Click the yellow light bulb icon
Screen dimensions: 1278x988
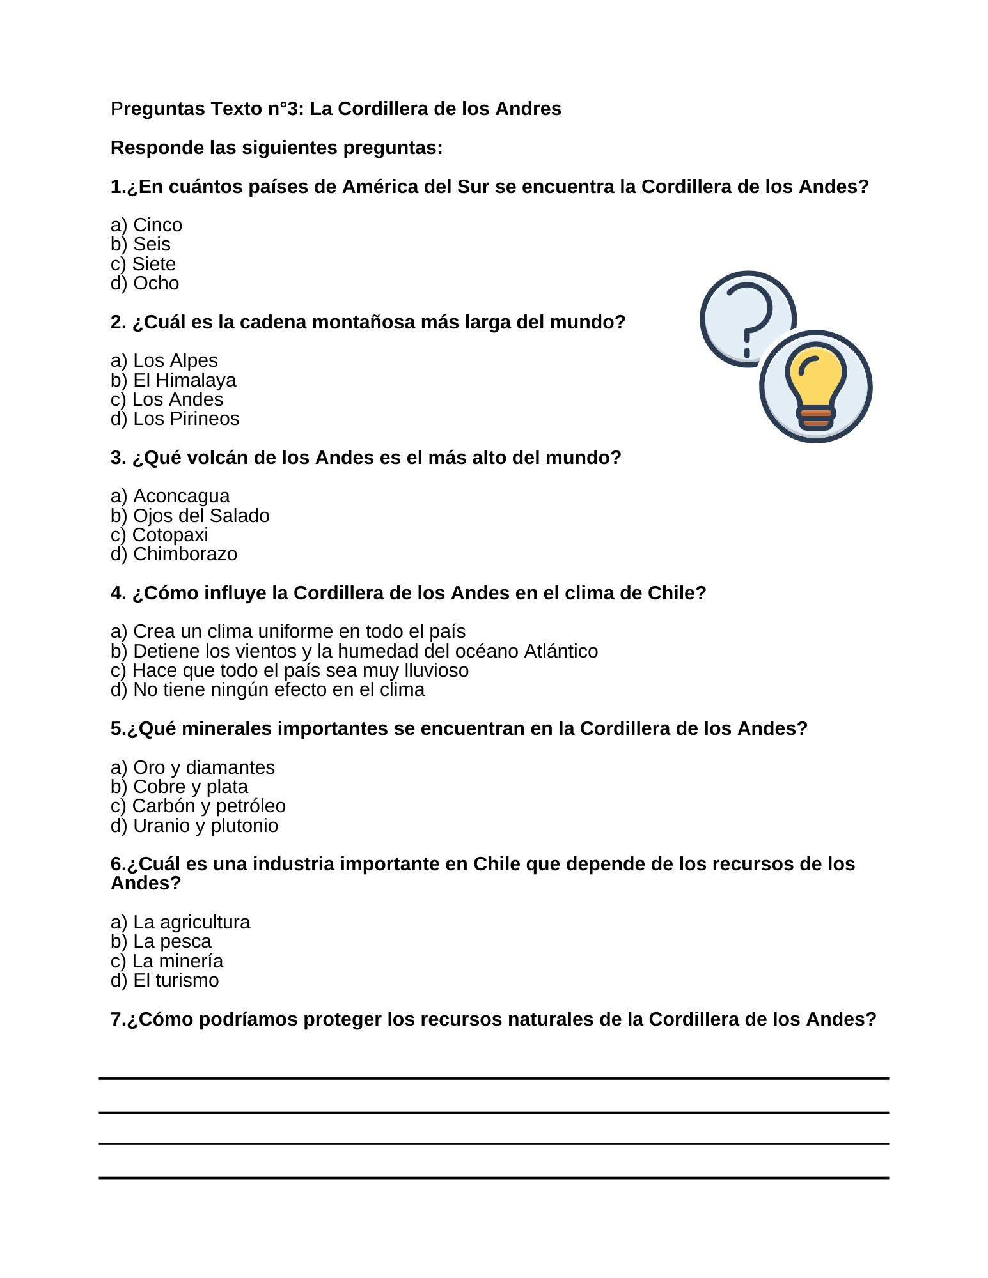816,386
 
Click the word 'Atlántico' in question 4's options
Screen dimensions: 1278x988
561,651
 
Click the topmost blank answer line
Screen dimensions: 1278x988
494,1079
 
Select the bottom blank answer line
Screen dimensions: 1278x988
494,1177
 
